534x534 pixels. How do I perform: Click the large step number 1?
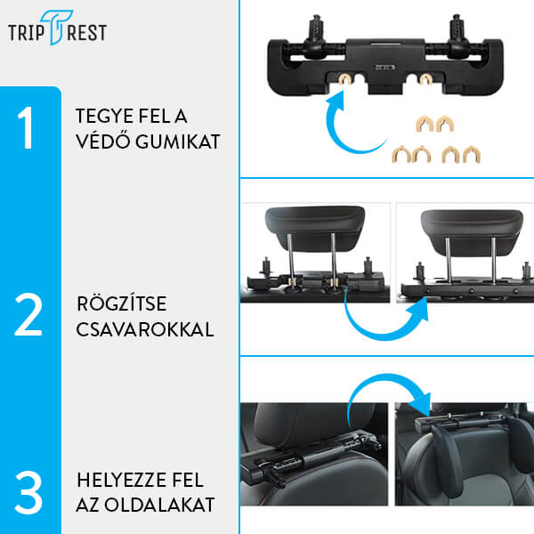tap(29, 130)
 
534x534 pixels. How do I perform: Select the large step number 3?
tap(28, 492)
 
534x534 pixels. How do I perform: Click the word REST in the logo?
tap(87, 33)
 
